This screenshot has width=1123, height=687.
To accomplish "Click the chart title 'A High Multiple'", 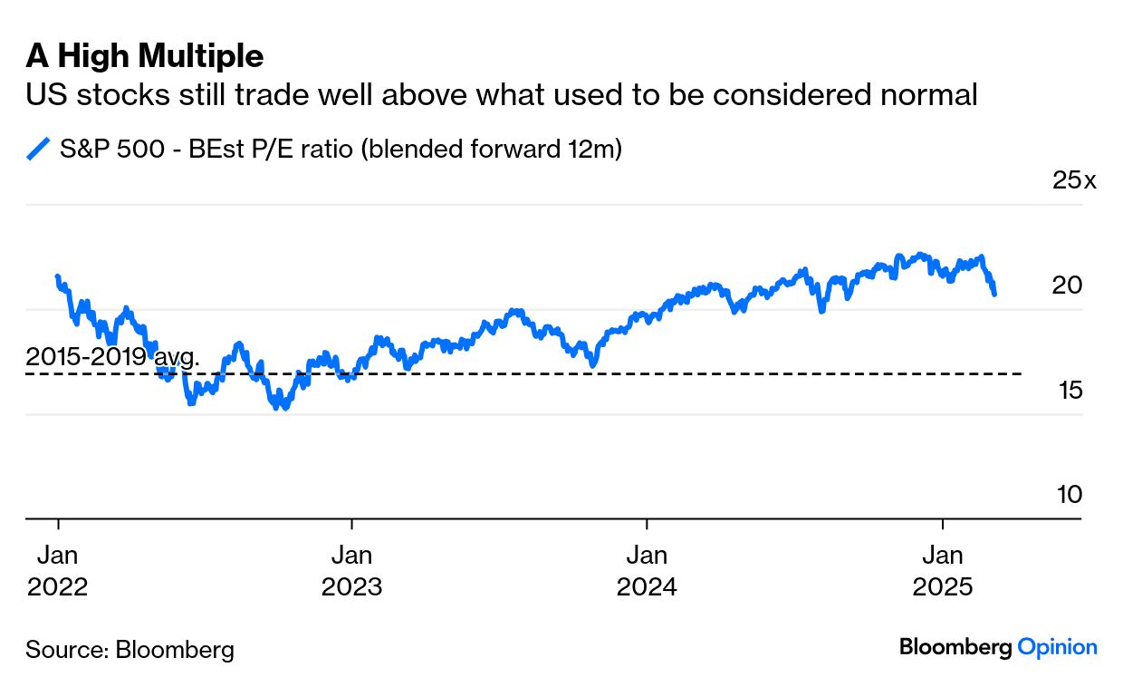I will (145, 56).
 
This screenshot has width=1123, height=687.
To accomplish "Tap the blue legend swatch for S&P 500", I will (38, 149).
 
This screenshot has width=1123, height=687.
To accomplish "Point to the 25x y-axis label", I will (1073, 180).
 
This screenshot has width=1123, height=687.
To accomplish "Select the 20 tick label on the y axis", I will (1068, 285).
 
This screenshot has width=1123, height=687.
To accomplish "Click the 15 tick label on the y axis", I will (1068, 391).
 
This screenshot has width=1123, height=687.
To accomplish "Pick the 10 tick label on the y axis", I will (1068, 495).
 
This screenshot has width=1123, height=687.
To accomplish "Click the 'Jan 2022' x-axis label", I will (58, 570).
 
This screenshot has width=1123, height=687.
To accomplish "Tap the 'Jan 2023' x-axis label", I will (351, 570).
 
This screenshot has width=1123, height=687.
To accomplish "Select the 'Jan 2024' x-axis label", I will (647, 570).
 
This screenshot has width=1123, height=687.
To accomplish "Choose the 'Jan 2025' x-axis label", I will (943, 570).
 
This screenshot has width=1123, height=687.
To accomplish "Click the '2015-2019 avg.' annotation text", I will (112, 356).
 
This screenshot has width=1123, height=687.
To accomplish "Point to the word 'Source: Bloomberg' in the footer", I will (130, 649).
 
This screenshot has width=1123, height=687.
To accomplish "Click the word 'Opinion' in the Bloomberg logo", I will (1057, 647).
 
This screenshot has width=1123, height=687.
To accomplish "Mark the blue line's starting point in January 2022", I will (58, 276).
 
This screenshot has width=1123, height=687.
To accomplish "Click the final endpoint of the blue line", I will (995, 294).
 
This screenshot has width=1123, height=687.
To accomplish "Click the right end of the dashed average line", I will (1021, 373).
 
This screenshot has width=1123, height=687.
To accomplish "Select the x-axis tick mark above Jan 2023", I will (351, 525).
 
